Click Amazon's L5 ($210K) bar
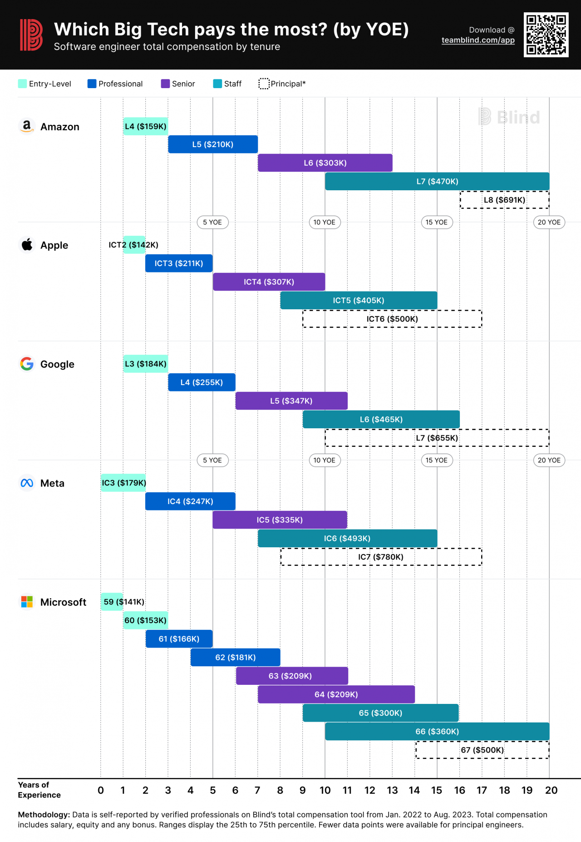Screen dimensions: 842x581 coord(212,144)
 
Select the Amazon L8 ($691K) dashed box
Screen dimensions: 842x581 coord(504,200)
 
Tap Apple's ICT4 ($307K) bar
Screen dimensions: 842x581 coord(269,282)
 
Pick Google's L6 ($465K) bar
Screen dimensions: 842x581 coord(381,419)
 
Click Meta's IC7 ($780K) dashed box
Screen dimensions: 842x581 coord(381,557)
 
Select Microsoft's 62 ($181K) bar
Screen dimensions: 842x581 coord(235,657)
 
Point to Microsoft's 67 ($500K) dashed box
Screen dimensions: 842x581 coord(482,750)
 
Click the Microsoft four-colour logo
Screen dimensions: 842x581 coord(27,602)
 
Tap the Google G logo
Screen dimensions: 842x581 coord(27,364)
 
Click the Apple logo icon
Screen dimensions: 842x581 coord(27,244)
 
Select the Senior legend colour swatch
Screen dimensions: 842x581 coord(165,84)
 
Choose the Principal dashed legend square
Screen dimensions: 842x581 coord(264,84)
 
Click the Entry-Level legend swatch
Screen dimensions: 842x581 coord(22,84)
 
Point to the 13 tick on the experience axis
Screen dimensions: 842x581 coord(392,790)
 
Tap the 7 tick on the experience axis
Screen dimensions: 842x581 coord(257,790)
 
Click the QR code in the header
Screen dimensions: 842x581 coord(546,35)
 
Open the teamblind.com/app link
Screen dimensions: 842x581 coord(478,40)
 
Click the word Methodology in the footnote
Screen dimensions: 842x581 coord(44,815)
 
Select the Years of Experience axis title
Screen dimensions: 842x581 coord(39,790)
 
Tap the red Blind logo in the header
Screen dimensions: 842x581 coord(31,35)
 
